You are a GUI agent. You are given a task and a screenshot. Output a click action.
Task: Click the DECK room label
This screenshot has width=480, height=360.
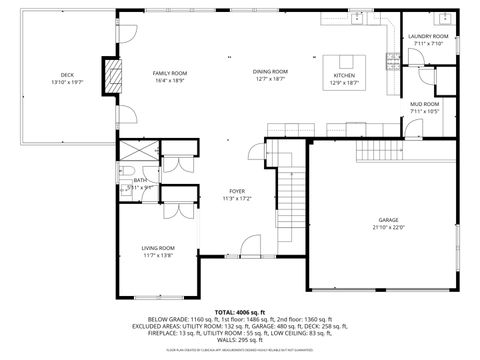(x=67, y=76)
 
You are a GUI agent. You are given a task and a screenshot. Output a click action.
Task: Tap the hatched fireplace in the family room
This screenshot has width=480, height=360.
(x=113, y=76)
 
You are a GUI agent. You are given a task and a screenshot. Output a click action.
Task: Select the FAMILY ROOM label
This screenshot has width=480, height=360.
(x=170, y=73)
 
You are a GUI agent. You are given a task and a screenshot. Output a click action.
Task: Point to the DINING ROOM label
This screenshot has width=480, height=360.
(x=270, y=72)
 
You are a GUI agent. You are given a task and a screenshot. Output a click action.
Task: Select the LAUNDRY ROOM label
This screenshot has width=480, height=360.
(x=428, y=36)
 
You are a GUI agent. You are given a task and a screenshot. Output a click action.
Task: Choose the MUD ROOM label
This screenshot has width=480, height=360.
(x=424, y=104)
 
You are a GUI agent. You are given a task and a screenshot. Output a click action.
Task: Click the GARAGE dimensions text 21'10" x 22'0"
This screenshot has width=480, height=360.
(x=388, y=227)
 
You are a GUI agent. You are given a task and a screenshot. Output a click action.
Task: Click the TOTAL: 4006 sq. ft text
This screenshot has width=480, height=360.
(x=238, y=312)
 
